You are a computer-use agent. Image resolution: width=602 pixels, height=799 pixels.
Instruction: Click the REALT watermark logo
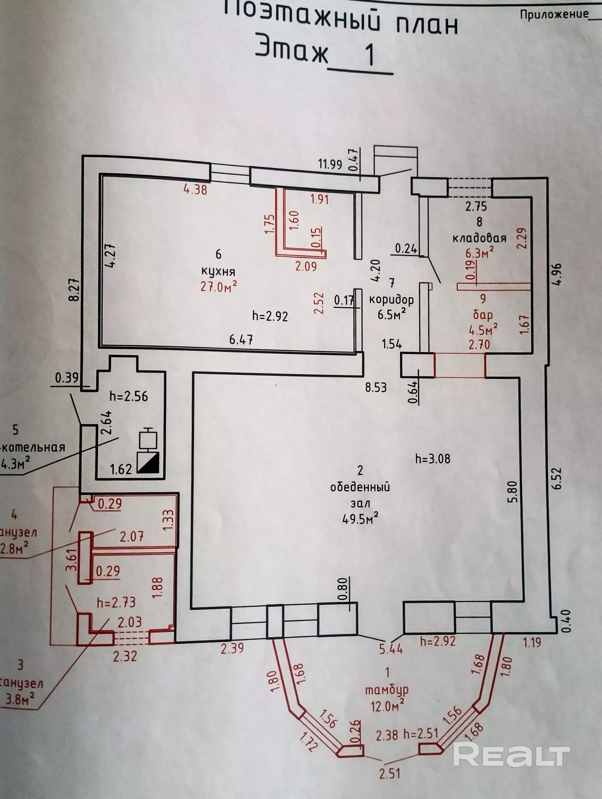point(511,754)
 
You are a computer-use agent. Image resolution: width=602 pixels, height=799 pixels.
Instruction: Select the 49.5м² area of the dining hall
point(360,519)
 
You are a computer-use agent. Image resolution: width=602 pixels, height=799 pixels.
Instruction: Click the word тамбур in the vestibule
point(387,690)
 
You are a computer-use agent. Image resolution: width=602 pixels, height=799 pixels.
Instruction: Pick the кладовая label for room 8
point(479,238)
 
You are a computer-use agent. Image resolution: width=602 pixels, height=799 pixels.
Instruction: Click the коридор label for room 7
point(391,299)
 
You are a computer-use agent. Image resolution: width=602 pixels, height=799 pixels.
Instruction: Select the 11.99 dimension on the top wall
point(330,164)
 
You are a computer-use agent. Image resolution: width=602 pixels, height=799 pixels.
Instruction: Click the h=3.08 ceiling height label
point(433,459)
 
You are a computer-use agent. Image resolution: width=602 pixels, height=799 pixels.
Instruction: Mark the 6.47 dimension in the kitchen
point(241,340)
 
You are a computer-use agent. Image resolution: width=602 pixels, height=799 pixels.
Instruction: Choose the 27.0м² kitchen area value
point(219,287)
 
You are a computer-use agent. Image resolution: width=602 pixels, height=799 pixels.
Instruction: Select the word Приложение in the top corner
point(554,14)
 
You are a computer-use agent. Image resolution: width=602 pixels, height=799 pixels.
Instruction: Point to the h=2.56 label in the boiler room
point(129,396)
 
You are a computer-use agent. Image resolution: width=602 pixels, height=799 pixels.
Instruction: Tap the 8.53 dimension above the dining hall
point(376,387)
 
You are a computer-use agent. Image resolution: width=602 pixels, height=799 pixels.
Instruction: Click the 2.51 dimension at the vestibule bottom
point(390,773)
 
